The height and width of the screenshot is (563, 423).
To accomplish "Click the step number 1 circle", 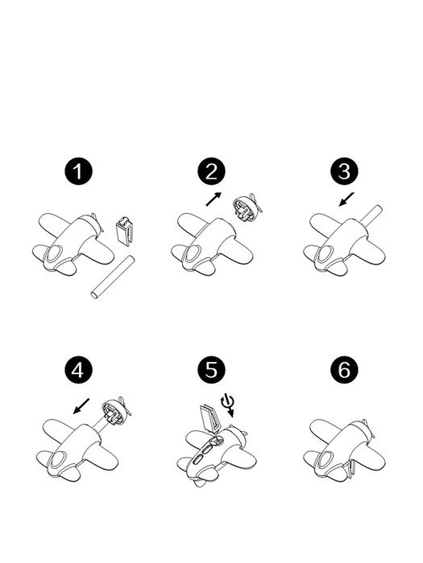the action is pyautogui.click(x=78, y=171).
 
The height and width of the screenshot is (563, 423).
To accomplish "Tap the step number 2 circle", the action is pyautogui.click(x=211, y=171).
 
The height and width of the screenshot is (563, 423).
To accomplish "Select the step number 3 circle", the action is pyautogui.click(x=344, y=171).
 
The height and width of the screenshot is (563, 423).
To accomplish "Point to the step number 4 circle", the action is pyautogui.click(x=78, y=370).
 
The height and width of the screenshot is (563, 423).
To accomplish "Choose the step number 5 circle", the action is pyautogui.click(x=211, y=370).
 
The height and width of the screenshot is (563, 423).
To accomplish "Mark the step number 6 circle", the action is pyautogui.click(x=344, y=370).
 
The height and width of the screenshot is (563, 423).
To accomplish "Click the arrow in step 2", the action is pyautogui.click(x=214, y=199).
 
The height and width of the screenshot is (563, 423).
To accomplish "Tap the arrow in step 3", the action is pyautogui.click(x=346, y=199).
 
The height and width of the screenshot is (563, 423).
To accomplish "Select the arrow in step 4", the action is pyautogui.click(x=81, y=405).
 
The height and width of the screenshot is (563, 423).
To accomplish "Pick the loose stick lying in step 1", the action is pyautogui.click(x=113, y=277).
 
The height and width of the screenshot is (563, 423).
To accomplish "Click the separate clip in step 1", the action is pyautogui.click(x=124, y=232).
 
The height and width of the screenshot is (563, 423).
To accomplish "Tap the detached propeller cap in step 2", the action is pyautogui.click(x=247, y=208).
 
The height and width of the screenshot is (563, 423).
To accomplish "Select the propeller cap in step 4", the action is pyautogui.click(x=116, y=411).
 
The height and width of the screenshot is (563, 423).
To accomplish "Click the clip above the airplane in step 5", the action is pyautogui.click(x=209, y=417).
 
